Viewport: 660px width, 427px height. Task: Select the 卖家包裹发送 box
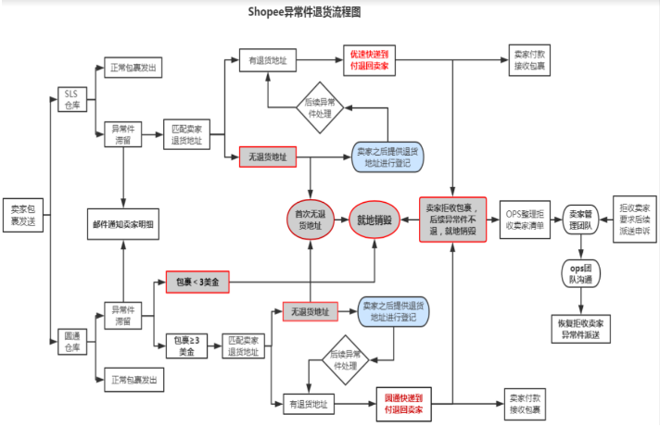tap(21, 214)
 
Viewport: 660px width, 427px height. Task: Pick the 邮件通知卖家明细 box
tap(123, 224)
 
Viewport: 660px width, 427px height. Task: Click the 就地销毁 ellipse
tap(374, 220)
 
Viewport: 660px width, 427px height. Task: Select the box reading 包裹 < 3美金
tap(197, 281)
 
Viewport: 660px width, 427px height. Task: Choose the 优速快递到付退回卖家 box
tap(369, 61)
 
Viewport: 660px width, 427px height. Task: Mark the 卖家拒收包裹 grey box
tap(452, 220)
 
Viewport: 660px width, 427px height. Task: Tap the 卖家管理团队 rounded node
tap(580, 220)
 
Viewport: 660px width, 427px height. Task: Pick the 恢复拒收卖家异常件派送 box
tap(580, 328)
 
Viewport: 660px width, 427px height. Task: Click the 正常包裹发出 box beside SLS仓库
tap(133, 68)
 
